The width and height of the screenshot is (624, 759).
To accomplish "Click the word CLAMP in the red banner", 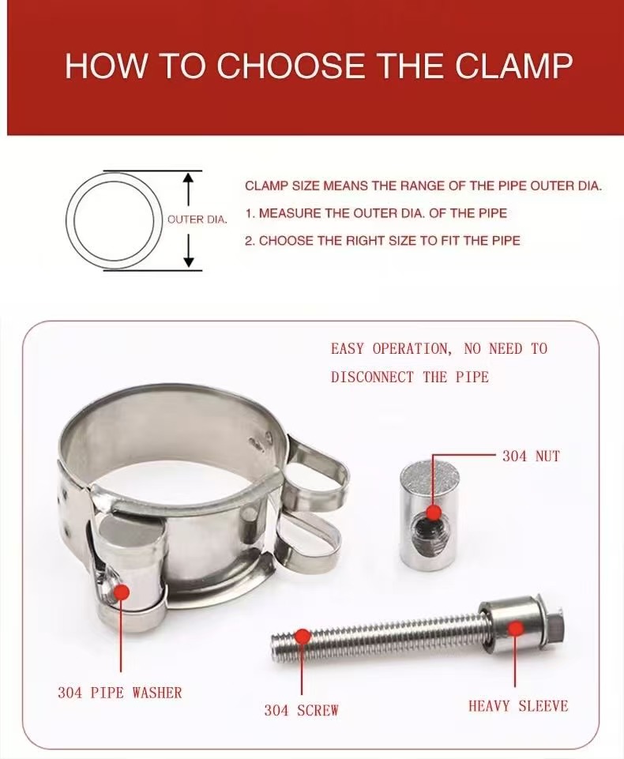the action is [513, 66].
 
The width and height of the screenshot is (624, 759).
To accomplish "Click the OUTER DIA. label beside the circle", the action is [197, 220].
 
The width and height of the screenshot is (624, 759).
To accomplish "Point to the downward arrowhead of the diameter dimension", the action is [190, 262].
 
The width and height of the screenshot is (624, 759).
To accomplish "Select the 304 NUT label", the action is [531, 456].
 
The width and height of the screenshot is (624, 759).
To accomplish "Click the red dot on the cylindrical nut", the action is [434, 512].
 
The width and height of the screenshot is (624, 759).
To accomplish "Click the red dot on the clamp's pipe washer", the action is [121, 592].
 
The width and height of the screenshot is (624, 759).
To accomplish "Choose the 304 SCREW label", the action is [301, 710].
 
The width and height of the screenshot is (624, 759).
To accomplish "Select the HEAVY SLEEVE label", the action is [518, 706].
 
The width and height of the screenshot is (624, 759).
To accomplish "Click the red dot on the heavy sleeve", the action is [517, 629].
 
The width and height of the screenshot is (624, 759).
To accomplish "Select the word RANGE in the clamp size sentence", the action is [382, 186].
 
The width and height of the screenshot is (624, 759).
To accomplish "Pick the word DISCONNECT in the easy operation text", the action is [372, 377].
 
